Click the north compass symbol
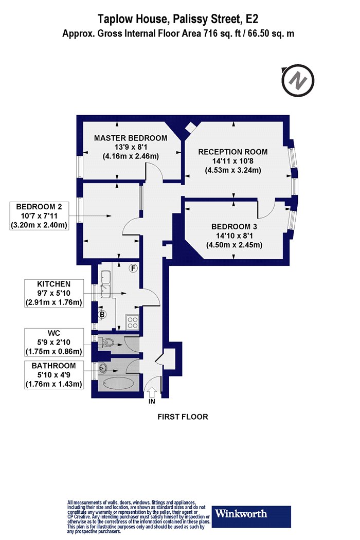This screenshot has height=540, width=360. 298,81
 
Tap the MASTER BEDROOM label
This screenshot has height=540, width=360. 131,138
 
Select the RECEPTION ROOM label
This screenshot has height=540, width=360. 233,152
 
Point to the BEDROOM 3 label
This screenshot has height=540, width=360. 234,227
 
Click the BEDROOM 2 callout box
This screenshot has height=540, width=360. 39,216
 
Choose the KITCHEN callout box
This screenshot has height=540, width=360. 53,293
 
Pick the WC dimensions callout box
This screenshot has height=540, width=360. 53,343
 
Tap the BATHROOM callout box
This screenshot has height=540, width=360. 53,375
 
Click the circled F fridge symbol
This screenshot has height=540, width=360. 133,268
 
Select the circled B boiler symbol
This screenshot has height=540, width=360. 102,314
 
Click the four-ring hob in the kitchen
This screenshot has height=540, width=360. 133,322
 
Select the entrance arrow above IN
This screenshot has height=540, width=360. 152,392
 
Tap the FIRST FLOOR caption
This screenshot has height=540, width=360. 183,417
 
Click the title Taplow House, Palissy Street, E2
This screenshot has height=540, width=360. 178,19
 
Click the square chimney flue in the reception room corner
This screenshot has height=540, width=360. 190,127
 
